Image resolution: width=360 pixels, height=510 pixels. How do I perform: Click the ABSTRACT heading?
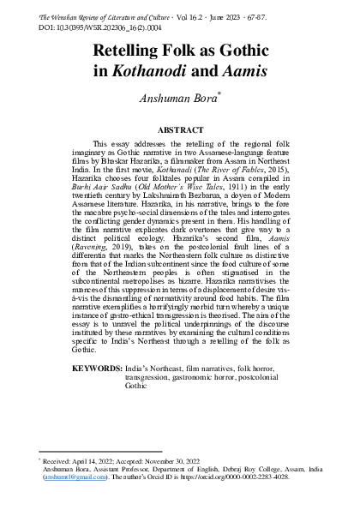coord(180,129)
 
